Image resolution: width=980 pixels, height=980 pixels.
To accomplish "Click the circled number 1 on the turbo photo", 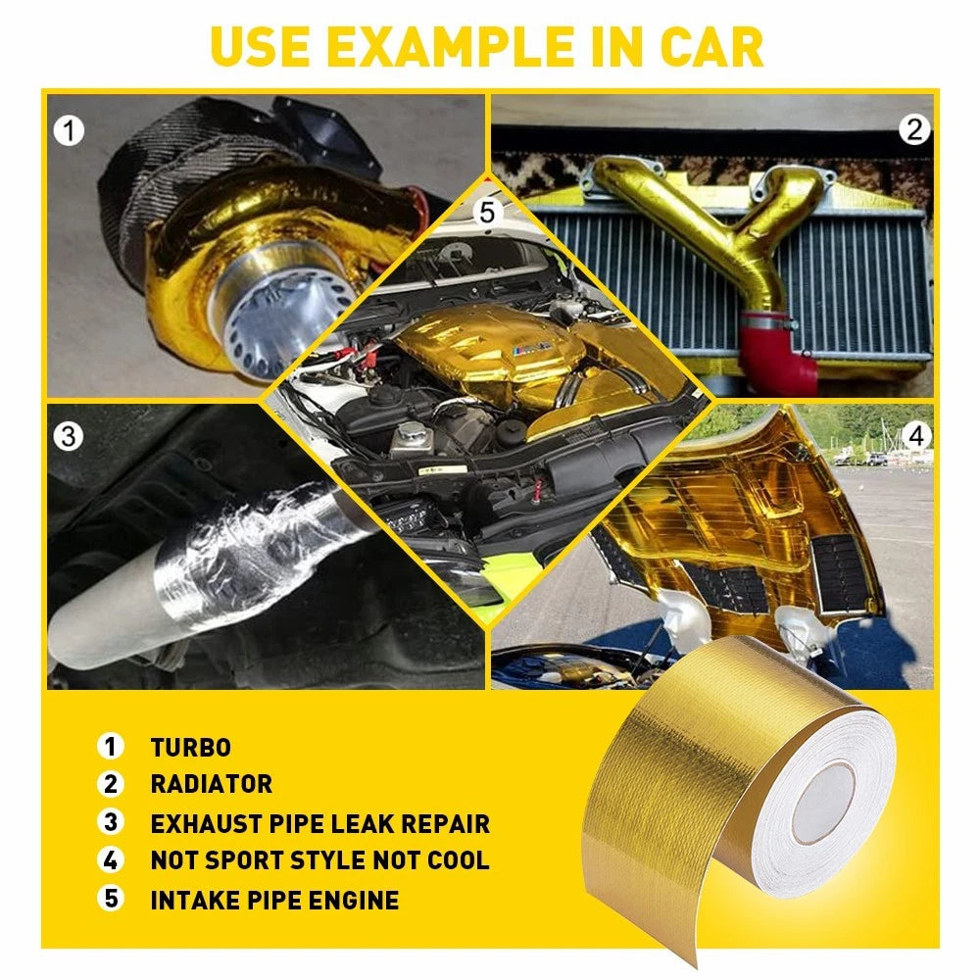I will pos(69,130).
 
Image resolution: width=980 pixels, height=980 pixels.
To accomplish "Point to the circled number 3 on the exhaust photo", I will pos(68,436).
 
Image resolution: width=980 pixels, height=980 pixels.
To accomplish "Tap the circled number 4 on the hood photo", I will pos(914,436).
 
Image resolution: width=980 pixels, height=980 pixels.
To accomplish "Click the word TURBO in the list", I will pos(190,748).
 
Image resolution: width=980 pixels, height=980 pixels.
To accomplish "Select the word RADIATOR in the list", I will pos(211,785).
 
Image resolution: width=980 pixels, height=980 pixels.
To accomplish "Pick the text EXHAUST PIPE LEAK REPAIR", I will pos(319,823).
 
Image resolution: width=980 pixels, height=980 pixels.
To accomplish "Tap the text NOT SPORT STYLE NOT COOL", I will pos(319,861).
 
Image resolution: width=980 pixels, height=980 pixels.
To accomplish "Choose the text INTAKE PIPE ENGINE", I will pos(274,900).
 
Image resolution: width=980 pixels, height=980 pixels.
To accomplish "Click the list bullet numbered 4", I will pos(111,861).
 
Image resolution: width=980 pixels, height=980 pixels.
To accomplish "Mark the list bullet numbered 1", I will pos(111,748).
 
